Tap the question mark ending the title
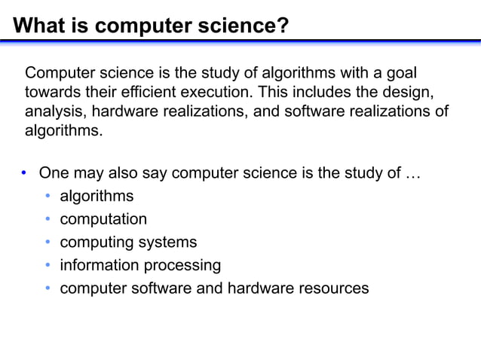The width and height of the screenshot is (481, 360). click(x=283, y=27)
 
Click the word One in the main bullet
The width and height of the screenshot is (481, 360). click(x=54, y=172)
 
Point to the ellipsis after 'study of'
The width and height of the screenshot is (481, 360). click(x=412, y=174)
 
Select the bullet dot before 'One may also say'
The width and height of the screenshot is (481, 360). click(x=24, y=173)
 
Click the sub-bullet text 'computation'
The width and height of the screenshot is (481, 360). click(x=103, y=219)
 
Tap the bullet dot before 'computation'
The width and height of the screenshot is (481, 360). click(x=47, y=219)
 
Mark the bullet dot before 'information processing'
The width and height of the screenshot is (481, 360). click(x=47, y=266)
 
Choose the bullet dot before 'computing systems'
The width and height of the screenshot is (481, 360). click(x=47, y=243)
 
